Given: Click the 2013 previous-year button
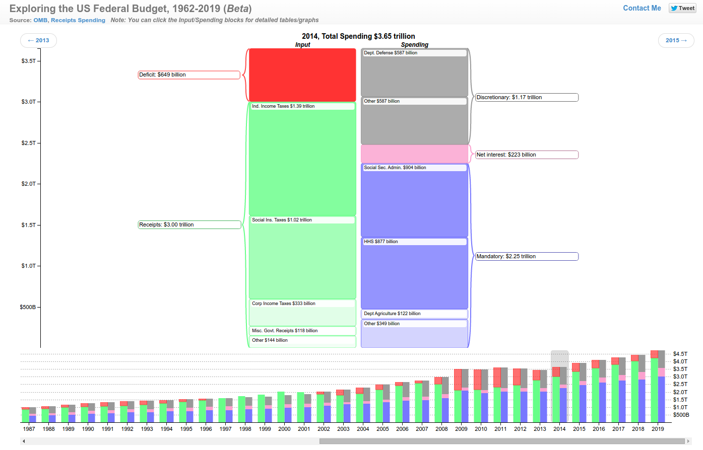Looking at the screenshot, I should coord(38,40).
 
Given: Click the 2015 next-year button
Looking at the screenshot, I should coord(676,40).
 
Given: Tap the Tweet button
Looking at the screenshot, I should coord(682,8).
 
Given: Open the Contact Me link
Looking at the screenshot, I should coord(642,8).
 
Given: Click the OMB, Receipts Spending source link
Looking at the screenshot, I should coord(69,20).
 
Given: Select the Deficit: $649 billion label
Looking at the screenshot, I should coord(189,75).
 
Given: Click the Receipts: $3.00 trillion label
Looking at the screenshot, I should coord(189,225).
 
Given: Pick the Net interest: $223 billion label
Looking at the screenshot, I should coord(527,155).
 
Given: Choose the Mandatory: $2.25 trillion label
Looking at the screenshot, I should coord(527,257).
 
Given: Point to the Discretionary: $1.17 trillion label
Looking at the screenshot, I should coord(527,98).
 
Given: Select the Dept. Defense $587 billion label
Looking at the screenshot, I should coord(391,53).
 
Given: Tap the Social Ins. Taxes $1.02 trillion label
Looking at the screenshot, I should coord(282,220).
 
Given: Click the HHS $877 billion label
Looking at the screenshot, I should coord(381,242).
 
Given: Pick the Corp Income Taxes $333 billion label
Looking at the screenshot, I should coord(284,304).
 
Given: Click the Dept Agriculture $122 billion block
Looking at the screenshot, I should coord(414,314).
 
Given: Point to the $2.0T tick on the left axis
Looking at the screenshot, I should coord(28,184).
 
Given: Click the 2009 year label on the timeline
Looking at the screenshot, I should coord(461,429).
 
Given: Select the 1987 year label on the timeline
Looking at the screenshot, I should coord(29,429).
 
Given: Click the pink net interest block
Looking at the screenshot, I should coord(414,154).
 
